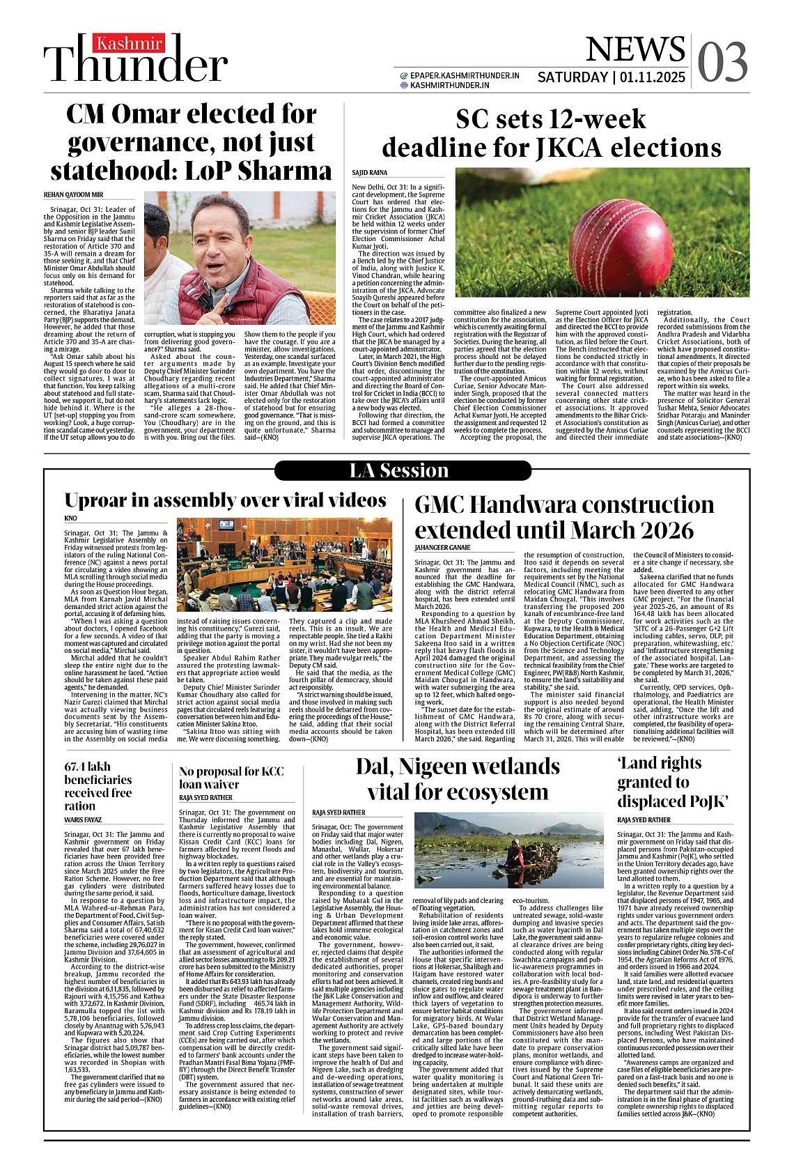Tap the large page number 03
[722, 62]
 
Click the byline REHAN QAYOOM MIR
[73, 194]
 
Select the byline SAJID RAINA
[369, 172]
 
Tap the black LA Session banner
[398, 471]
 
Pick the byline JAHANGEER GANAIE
[442, 548]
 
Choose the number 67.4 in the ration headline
[77, 767]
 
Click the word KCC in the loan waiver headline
[272, 771]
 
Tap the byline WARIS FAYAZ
[83, 819]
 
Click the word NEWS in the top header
[635, 49]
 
